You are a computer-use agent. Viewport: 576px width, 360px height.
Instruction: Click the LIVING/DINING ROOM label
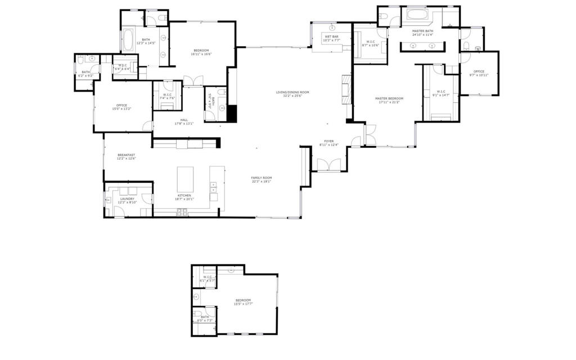[292, 92]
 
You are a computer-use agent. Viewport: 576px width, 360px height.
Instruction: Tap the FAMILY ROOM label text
[261, 178]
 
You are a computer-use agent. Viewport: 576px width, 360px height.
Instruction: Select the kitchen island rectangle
[185, 179]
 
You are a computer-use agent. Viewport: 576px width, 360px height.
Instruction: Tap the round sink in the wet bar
[332, 27]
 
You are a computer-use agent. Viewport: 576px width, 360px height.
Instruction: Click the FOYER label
[329, 141]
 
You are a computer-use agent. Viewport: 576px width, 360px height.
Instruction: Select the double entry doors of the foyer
[328, 165]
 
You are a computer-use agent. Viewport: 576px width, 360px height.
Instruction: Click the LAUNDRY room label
[127, 199]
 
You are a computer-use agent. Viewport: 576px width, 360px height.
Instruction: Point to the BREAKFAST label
[127, 155]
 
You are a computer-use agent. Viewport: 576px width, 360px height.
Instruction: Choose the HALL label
[184, 120]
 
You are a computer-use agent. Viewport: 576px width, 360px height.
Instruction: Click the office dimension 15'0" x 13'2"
[121, 109]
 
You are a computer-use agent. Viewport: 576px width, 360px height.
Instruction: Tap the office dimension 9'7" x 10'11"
[479, 75]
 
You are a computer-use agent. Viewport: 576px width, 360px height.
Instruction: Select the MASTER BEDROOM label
[389, 98]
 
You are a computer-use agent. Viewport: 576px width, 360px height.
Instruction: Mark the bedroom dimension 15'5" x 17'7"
[243, 304]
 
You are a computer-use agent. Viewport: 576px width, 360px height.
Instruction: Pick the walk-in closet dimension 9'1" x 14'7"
[441, 94]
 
